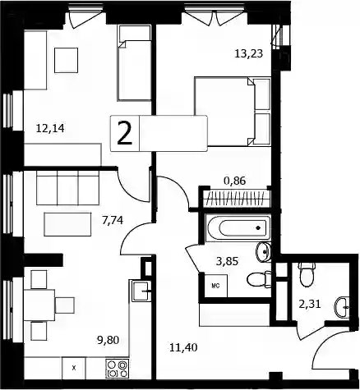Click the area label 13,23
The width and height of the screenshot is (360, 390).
249,53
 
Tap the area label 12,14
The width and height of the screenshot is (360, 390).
50,128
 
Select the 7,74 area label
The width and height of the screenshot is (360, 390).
113,220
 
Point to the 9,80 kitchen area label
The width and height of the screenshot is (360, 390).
108,340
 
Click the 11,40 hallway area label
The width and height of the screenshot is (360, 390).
183,348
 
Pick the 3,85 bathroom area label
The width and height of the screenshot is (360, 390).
227,261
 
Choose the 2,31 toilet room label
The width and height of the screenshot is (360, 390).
310,304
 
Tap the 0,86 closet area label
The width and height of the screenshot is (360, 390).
235,181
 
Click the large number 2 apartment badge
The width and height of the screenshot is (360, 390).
125,133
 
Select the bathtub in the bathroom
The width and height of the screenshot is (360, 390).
238,228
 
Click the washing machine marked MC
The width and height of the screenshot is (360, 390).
216,286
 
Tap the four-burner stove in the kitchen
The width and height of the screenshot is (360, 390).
118,369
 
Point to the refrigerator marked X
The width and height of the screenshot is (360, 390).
74,368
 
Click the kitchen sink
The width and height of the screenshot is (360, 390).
141,291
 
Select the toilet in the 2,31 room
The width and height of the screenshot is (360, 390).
307,274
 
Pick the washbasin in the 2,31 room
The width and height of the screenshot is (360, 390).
342,307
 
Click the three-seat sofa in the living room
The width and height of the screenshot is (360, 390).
67,188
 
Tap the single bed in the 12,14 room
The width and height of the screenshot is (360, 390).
134,63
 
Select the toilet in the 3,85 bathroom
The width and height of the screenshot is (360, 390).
259,280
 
